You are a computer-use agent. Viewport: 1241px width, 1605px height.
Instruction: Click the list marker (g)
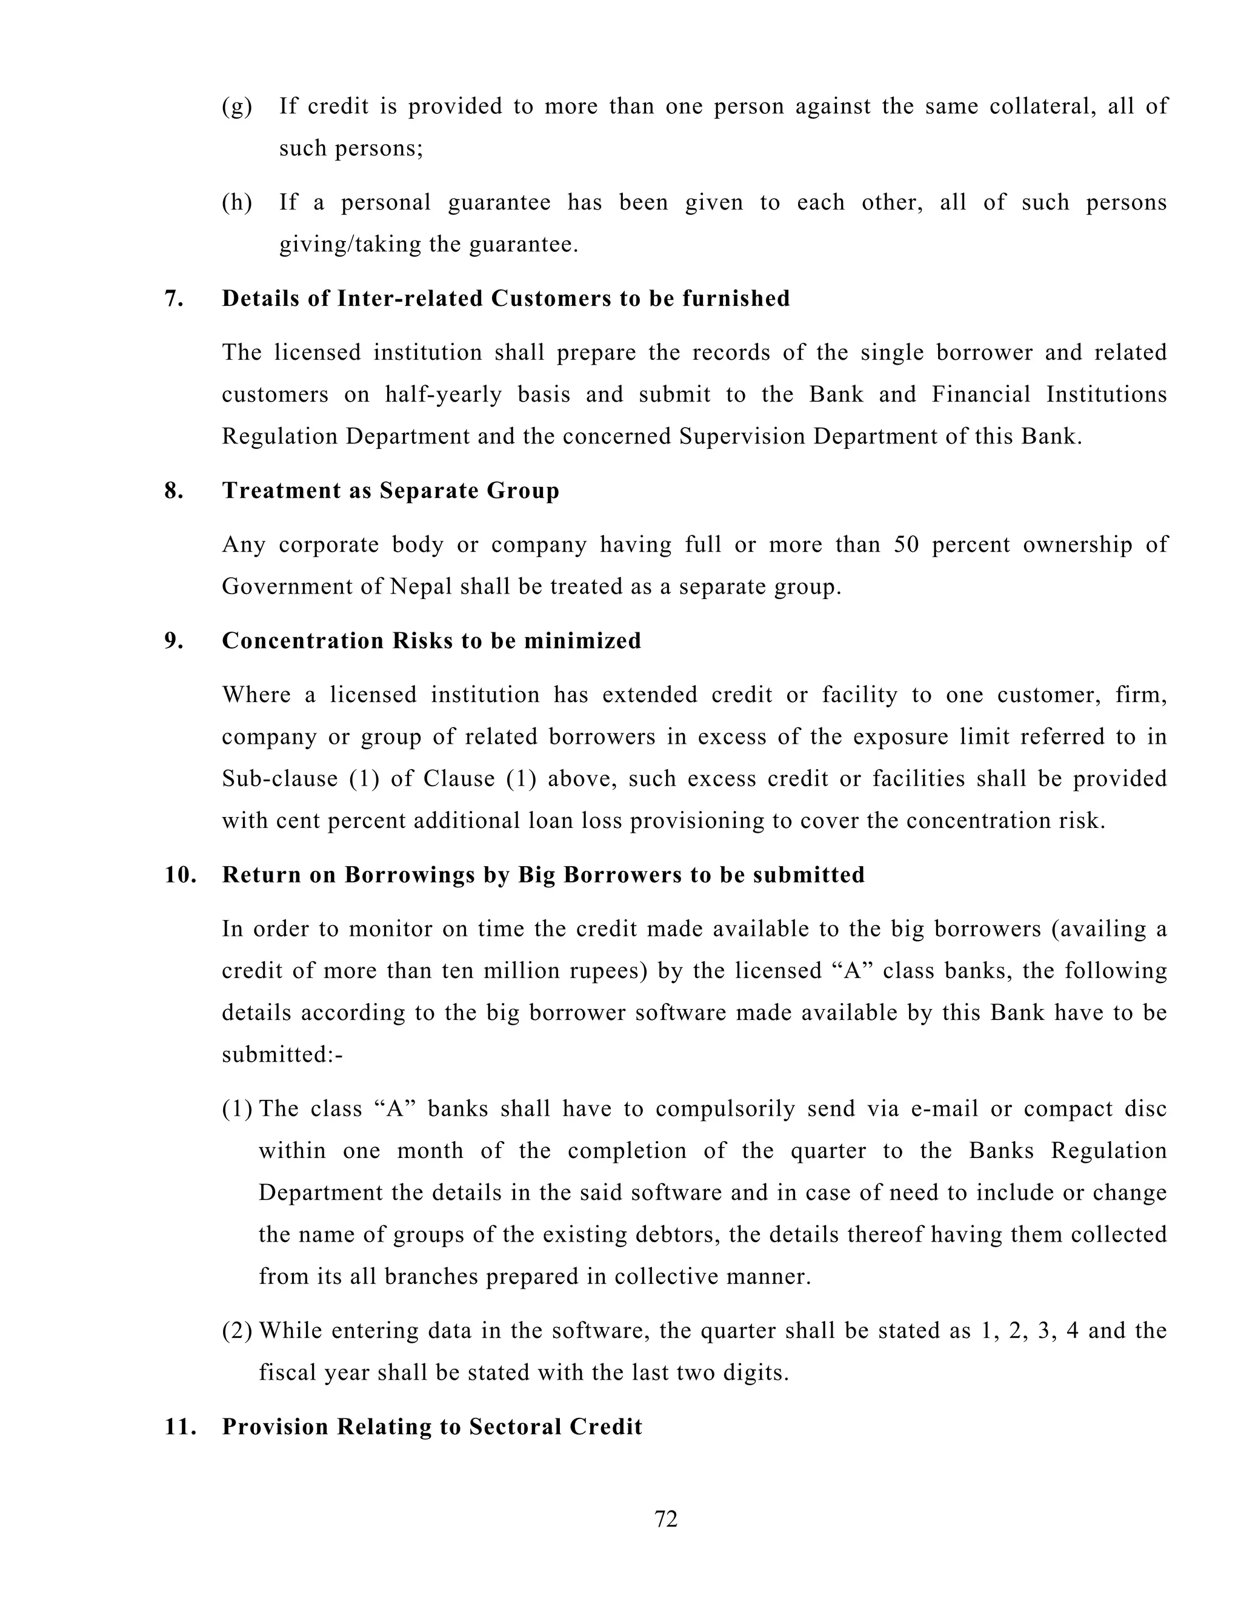click(x=237, y=107)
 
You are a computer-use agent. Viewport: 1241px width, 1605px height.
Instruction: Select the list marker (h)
click(x=237, y=202)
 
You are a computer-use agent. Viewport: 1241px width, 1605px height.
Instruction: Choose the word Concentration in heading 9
click(x=303, y=641)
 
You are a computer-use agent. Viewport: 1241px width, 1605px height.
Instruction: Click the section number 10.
click(x=180, y=875)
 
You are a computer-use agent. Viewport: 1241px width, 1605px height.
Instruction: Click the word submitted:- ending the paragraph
click(x=282, y=1054)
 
